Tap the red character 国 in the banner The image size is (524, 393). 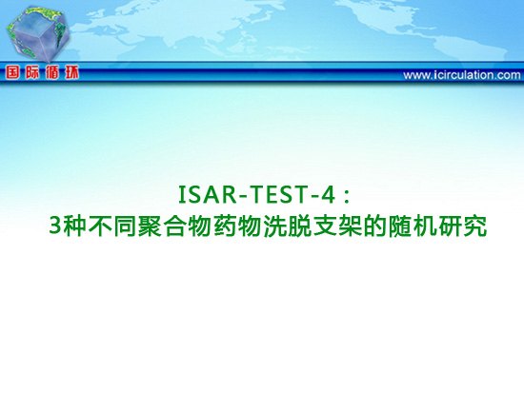click(12, 72)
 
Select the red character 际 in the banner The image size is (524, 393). click(32, 72)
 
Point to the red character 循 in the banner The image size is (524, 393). click(52, 72)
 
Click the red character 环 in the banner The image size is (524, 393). click(71, 72)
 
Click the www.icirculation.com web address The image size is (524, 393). click(461, 75)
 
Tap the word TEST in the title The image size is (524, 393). click(277, 195)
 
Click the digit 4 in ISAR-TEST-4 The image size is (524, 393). click(327, 195)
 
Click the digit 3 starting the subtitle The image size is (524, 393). click(55, 226)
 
